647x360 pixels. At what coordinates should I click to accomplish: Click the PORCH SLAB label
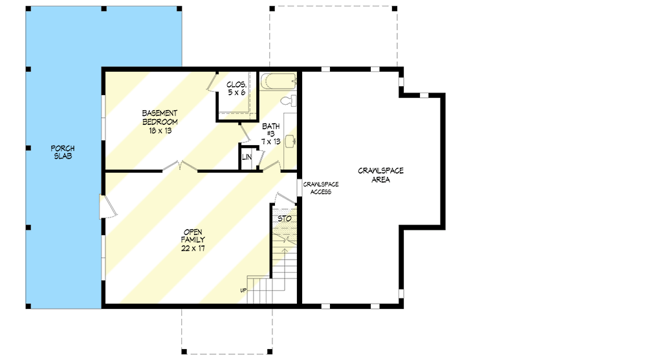[63, 152]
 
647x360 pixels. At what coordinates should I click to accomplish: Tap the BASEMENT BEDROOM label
[160, 117]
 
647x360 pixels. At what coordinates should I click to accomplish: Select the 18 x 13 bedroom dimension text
[160, 130]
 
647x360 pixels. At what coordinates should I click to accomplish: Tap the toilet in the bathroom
[291, 100]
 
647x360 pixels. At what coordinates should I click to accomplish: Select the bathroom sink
[290, 140]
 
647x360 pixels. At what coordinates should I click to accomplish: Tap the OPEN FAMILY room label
[193, 236]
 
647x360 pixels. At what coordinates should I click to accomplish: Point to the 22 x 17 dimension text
[193, 249]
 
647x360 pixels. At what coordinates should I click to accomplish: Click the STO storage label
[284, 219]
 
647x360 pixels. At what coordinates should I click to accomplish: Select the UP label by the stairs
[243, 289]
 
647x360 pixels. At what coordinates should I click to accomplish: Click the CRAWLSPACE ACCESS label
[320, 188]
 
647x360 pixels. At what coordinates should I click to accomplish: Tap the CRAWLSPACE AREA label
[381, 175]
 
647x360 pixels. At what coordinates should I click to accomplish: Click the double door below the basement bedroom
[179, 167]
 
